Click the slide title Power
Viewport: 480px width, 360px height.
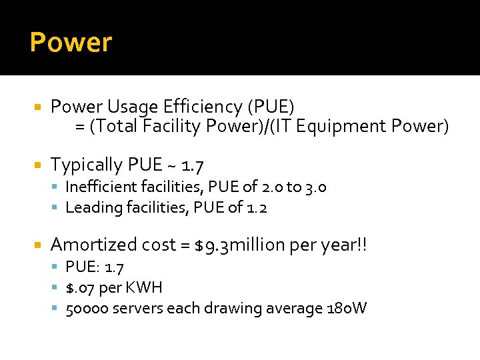pos(71,43)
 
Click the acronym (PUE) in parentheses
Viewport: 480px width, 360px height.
pos(271,107)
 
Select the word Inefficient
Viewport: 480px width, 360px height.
pos(98,187)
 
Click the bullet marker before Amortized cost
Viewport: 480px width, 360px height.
pos(38,245)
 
